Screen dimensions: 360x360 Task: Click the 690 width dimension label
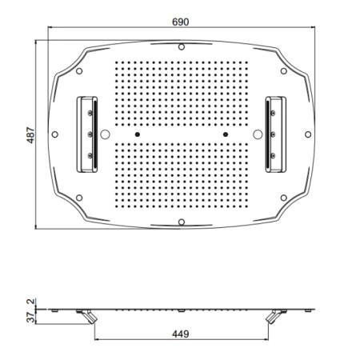click(181, 22)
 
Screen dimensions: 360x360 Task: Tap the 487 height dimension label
click(31, 135)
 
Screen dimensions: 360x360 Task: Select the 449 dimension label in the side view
click(181, 334)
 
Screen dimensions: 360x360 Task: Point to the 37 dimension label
click(31, 318)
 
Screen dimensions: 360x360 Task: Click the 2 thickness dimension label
click(31, 302)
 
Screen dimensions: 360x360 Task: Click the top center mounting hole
click(182, 47)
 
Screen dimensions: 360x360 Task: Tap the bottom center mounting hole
click(182, 222)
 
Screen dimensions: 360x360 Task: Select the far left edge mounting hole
click(55, 134)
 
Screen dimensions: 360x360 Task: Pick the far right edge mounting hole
click(308, 134)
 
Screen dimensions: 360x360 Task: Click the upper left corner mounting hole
click(79, 71)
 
